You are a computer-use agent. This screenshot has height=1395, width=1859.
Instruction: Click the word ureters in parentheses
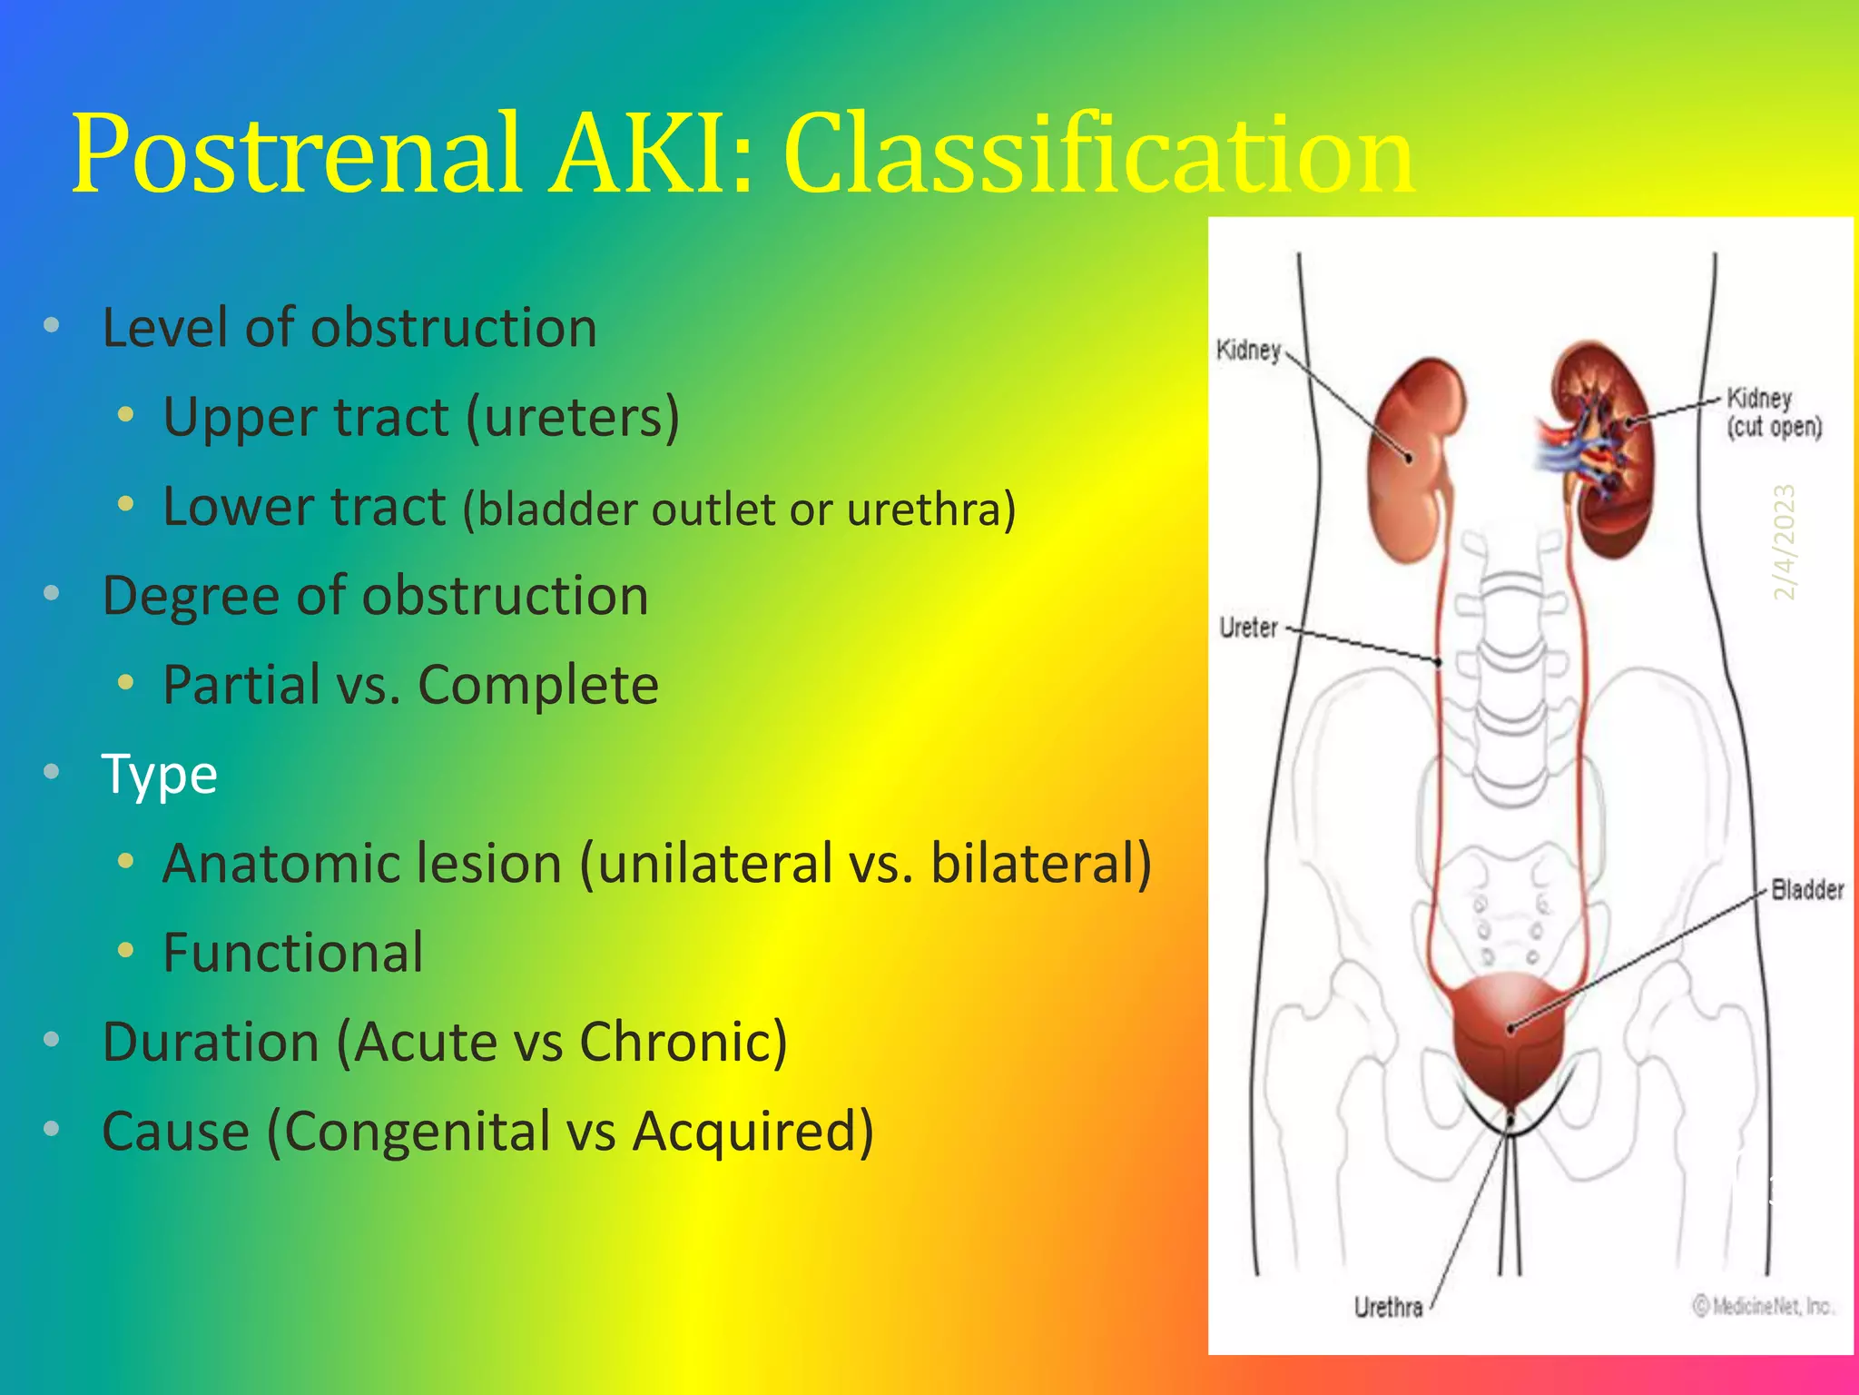tap(572, 418)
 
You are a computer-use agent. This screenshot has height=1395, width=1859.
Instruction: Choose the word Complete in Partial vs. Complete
tap(538, 685)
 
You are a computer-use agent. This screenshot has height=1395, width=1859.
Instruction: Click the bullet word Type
tap(159, 774)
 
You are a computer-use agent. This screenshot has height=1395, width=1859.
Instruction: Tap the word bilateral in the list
tap(1033, 863)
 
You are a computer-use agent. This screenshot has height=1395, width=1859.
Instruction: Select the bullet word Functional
tap(292, 952)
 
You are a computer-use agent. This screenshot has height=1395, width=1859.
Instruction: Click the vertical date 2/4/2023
tap(1785, 542)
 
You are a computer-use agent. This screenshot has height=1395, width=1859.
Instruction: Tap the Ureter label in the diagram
tap(1248, 628)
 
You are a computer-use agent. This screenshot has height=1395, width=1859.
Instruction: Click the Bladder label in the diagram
tap(1806, 889)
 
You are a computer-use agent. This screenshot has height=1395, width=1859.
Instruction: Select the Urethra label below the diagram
tap(1388, 1307)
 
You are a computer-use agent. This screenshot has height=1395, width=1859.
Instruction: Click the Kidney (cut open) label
tap(1773, 412)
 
